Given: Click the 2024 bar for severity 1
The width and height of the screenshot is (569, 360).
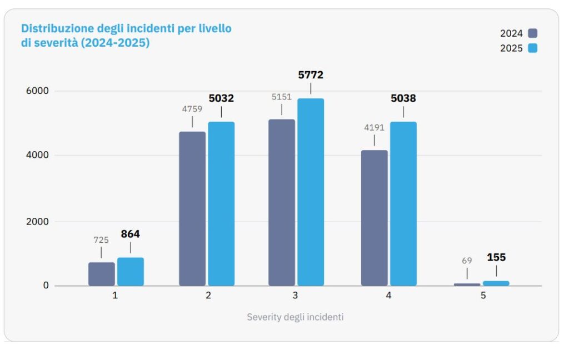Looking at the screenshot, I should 101,274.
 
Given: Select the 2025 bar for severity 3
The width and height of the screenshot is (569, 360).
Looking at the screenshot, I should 311,192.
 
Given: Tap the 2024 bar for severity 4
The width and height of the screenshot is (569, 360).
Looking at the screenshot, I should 374,218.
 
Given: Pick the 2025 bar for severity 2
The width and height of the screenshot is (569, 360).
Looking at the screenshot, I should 221,203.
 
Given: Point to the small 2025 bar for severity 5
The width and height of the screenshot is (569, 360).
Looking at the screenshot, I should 496,283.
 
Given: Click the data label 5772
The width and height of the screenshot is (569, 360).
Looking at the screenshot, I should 311,75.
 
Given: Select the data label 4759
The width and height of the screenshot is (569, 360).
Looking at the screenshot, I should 192,109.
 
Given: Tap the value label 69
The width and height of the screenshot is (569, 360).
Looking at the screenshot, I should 467,260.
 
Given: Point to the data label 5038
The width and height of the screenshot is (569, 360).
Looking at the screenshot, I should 403,99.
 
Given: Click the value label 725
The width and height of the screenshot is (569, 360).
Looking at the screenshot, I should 101,240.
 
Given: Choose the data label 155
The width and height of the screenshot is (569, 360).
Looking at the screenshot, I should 496,257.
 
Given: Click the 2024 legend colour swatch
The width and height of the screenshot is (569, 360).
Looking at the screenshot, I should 533,33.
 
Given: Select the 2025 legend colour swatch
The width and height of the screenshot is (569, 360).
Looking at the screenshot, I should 533,48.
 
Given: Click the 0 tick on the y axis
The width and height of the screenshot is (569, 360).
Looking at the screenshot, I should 46,286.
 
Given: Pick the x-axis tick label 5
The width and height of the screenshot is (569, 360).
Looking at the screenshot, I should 483,296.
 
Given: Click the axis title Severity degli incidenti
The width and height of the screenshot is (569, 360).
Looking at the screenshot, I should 295,317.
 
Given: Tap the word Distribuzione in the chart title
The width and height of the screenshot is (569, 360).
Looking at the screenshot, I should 51,28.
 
